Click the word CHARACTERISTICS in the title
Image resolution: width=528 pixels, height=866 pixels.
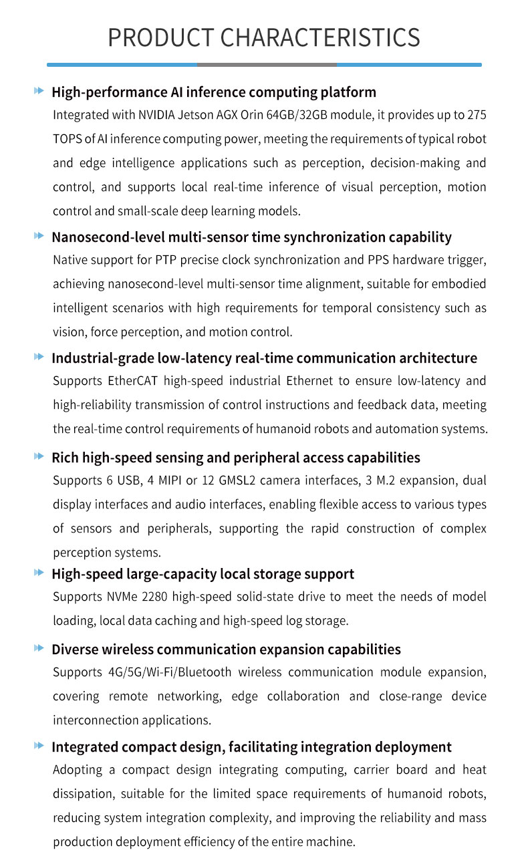click(x=319, y=37)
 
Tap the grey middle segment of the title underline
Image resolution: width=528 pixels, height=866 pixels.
click(x=267, y=65)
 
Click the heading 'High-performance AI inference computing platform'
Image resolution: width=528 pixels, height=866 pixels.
click(x=214, y=92)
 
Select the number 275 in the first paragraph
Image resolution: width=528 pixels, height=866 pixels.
click(x=477, y=115)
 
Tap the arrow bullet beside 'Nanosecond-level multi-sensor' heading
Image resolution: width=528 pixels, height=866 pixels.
click(x=39, y=236)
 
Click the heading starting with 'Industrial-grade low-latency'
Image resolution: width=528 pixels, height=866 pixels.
click(x=264, y=357)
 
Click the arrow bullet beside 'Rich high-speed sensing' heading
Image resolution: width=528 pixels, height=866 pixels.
click(x=39, y=456)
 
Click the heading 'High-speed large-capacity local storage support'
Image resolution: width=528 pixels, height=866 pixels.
click(x=203, y=574)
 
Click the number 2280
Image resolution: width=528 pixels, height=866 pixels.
click(x=155, y=597)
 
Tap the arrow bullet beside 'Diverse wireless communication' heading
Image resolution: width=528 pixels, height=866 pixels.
click(x=39, y=648)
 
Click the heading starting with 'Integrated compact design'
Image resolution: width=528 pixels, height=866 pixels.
click(x=251, y=746)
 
